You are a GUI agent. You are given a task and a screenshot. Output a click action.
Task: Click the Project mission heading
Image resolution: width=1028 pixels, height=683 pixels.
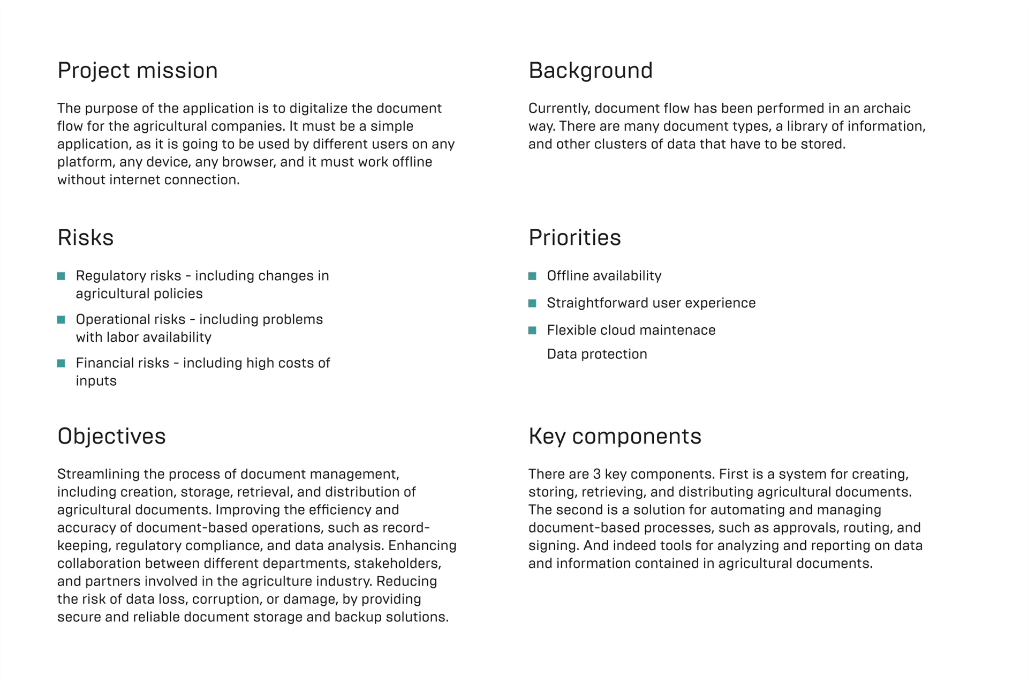click(x=137, y=71)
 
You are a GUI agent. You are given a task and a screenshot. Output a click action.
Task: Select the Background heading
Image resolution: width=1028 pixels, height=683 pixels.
click(x=590, y=71)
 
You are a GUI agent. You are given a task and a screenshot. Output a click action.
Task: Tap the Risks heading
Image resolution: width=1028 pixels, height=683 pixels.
click(x=85, y=238)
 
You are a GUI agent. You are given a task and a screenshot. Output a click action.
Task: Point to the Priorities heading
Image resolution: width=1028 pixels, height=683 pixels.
click(x=574, y=238)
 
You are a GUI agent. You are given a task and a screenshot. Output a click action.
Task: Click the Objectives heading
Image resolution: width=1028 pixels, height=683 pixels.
click(x=111, y=436)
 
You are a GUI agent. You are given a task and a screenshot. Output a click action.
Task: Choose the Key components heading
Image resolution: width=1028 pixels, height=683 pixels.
click(x=614, y=436)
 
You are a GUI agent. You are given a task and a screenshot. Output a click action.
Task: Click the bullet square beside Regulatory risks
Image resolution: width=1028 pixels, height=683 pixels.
click(x=61, y=276)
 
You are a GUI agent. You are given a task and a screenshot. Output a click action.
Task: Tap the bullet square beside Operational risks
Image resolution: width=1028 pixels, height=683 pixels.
click(x=61, y=320)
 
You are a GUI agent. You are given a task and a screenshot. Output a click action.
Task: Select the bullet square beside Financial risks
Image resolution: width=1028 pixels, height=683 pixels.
click(x=61, y=363)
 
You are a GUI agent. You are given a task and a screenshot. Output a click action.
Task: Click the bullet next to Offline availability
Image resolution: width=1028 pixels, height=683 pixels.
click(x=532, y=276)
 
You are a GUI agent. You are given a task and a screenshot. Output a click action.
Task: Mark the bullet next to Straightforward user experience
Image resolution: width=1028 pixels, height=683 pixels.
click(x=532, y=303)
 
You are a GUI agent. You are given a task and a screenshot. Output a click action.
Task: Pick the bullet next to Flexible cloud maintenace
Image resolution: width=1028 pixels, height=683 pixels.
click(x=532, y=331)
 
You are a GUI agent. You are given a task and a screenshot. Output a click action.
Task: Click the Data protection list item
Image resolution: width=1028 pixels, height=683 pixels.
click(x=596, y=354)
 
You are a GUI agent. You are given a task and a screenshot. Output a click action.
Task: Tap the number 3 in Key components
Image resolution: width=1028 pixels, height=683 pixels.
click(x=597, y=474)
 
